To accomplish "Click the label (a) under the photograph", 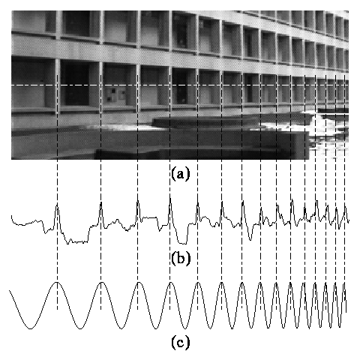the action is [x=181, y=174].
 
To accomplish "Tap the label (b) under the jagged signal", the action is [x=181, y=258].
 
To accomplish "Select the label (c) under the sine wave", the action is [x=181, y=343].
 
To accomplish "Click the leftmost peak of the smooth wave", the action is [x=57, y=282].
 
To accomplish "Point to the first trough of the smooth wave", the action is [x=31, y=328].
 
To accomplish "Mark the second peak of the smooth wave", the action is [x=101, y=282].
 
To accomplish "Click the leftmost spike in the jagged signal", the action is [x=57, y=204].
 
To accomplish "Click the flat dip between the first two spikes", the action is [x=77, y=241].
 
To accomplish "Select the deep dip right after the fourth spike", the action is [x=182, y=242].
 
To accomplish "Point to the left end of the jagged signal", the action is [x=11, y=215].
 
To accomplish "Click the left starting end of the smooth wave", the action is [x=10, y=291].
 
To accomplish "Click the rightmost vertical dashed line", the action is [x=345, y=193].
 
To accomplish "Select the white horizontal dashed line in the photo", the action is [x=180, y=85].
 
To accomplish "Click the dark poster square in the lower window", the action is [x=110, y=95].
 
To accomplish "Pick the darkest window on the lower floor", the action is [x=76, y=84].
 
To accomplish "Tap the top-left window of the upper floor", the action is [x=33, y=21].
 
